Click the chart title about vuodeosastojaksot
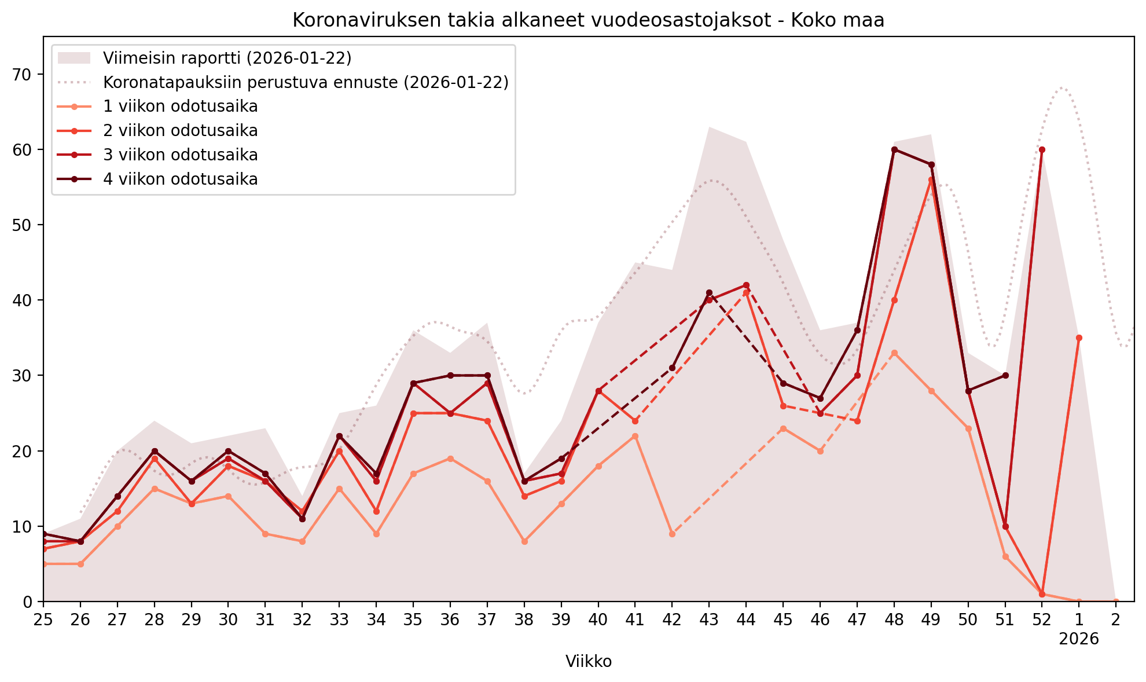[x=588, y=21]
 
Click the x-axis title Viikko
[x=588, y=661]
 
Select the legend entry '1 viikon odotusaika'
[x=180, y=107]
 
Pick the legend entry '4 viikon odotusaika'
[x=180, y=179]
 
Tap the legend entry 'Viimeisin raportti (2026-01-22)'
[x=227, y=58]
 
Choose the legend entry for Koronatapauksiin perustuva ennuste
[x=306, y=82]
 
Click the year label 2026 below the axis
[x=1079, y=639]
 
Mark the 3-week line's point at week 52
[x=1042, y=149]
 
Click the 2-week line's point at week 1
[x=1079, y=338]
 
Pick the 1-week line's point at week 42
[x=672, y=534]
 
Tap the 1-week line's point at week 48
[x=894, y=353]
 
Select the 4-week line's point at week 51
[x=1005, y=376]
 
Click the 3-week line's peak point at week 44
[x=746, y=285]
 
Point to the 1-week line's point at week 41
[x=635, y=436]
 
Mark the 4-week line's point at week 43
[x=709, y=293]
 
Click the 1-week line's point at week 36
[x=450, y=459]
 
